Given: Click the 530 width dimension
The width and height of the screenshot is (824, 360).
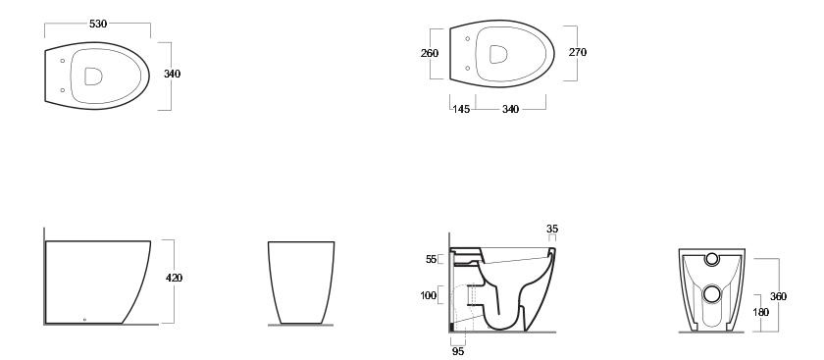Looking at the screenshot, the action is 98,24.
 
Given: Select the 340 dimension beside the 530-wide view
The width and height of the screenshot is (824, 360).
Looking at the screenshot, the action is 172,75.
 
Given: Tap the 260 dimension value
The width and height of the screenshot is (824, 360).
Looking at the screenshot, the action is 430,53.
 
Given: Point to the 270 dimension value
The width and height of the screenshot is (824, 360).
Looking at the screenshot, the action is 578,52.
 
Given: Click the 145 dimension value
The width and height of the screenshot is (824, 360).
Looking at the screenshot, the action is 461,109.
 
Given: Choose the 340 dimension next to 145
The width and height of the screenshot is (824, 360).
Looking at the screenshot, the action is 510,109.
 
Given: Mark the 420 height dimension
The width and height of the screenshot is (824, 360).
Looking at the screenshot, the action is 174,278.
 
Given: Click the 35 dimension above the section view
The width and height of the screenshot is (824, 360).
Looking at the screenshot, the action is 552,230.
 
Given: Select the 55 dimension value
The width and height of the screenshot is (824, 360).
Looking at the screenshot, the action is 431,259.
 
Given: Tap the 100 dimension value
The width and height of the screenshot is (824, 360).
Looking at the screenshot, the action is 429,296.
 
